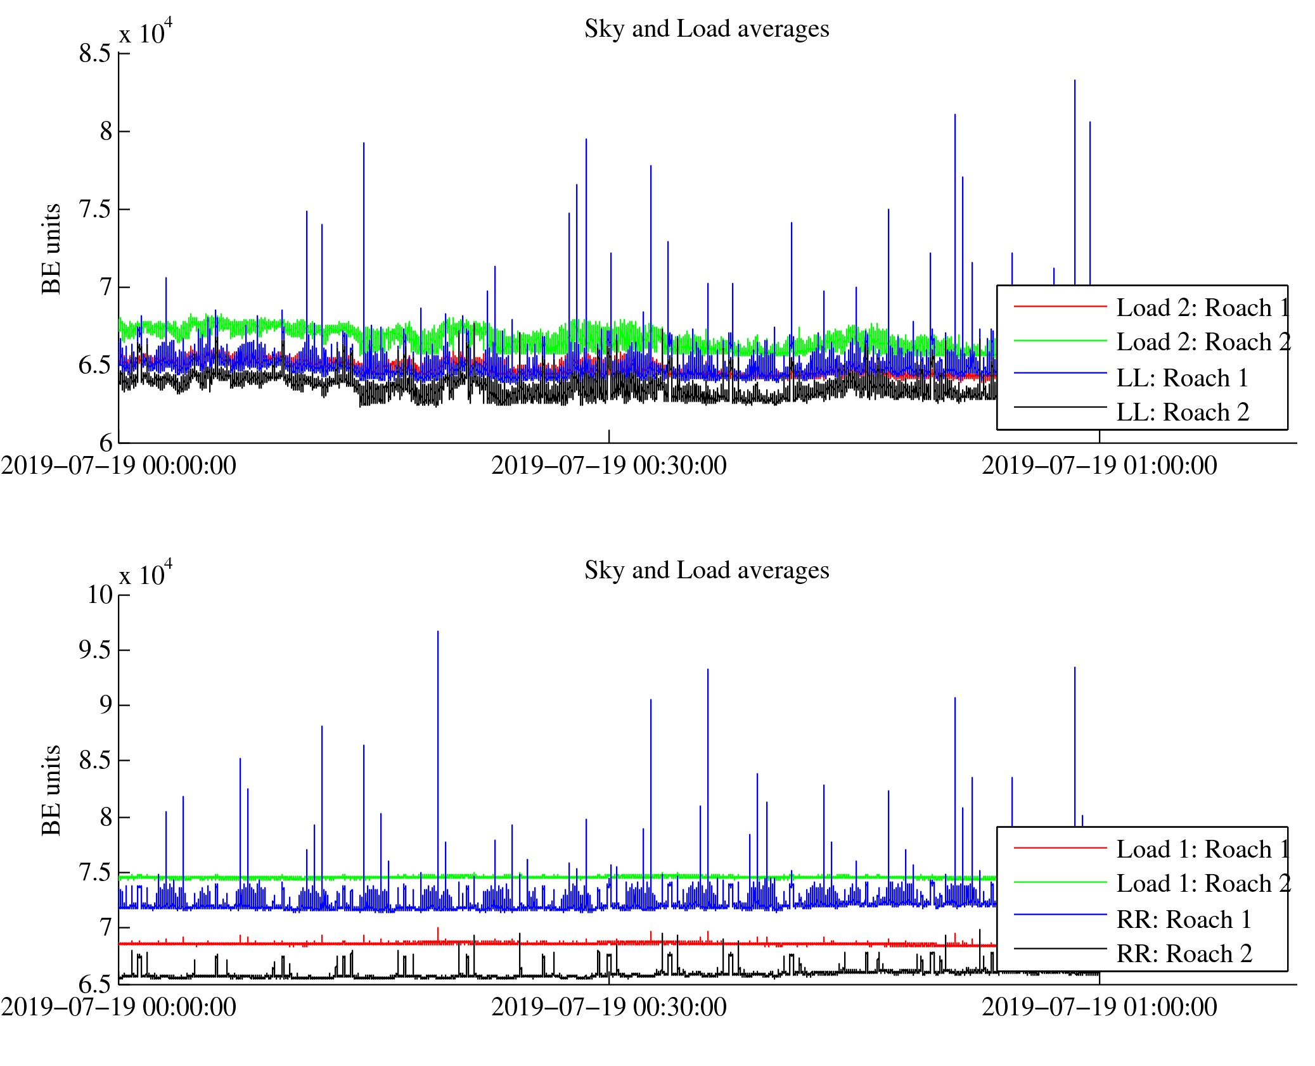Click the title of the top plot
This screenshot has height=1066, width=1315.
[706, 29]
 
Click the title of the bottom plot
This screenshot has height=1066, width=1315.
[706, 571]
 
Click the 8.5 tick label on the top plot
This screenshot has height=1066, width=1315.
[95, 54]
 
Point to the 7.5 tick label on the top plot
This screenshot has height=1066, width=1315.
[95, 210]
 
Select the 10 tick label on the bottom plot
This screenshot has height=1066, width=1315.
[99, 595]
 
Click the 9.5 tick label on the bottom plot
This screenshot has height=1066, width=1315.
[95, 650]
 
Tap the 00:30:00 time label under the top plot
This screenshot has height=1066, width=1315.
[608, 466]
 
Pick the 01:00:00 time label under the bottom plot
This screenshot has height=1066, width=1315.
[1099, 1008]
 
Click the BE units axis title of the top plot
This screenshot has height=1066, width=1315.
[51, 249]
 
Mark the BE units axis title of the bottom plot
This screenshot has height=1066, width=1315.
[51, 790]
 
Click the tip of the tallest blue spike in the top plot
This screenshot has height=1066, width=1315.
[1074, 80]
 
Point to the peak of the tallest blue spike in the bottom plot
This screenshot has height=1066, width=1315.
[437, 631]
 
